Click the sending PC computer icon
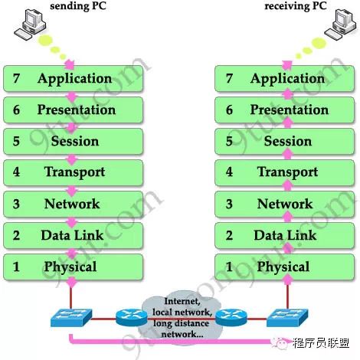pos(30,25)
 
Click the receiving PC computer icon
pos(340,25)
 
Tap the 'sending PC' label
pos(78,5)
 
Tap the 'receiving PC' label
pos(296,5)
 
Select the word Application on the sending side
pos(74,79)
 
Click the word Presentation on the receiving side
pos(290,110)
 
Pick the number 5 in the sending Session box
pos(16,141)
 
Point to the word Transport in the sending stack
pos(74,172)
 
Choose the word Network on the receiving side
pos(285,204)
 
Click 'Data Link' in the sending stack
pos(72,235)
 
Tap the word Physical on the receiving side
pos(283,267)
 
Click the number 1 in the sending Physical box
pos(16,267)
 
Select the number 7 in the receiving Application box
pos(229,78)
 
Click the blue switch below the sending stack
pos(71,318)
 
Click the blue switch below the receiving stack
pos(287,318)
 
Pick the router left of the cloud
pos(132,318)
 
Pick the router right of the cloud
pos(231,318)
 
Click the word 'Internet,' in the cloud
pos(182,301)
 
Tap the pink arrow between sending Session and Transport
pos(72,159)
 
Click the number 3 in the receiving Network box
pos(229,204)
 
